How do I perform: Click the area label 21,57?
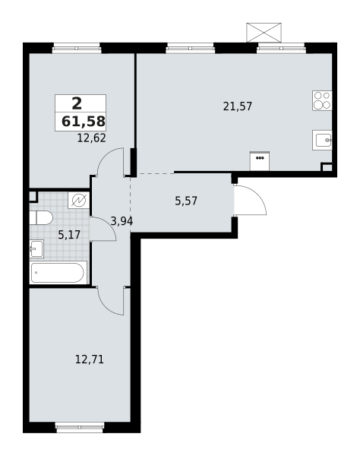238,106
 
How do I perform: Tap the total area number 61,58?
84,122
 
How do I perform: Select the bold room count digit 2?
77,103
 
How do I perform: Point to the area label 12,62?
91,138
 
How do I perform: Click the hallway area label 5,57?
186,201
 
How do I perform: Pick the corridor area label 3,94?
122,222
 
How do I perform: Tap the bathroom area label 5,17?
69,234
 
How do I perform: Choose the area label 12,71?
90,359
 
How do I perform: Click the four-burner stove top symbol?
322,100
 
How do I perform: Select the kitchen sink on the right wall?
323,140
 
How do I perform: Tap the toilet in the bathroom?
41,218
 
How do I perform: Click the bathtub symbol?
58,273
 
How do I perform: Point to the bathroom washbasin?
36,249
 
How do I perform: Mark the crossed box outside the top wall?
264,33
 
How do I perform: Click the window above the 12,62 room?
77,49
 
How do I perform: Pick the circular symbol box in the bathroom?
79,201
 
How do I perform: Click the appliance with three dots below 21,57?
260,161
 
